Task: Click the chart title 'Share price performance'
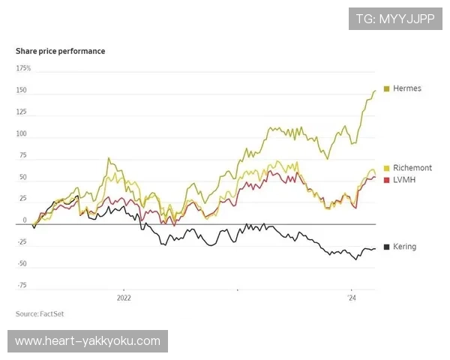coord(61,51)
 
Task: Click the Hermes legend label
coord(407,88)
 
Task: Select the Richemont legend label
coord(412,168)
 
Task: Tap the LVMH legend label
coord(404,180)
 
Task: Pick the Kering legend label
coord(404,247)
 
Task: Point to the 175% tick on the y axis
coord(23,68)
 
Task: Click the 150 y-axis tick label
coord(22,91)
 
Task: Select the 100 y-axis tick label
coord(22,134)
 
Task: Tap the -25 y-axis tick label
coord(22,241)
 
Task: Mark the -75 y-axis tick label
coord(22,285)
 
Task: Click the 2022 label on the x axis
coord(124,298)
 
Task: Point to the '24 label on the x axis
coord(351,298)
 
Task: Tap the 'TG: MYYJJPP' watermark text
coord(395,19)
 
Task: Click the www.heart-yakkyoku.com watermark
coord(88,341)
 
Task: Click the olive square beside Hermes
coord(386,88)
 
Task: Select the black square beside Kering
coord(386,247)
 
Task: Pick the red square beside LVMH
coord(386,180)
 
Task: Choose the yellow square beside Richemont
coord(386,168)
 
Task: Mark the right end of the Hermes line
coord(375,91)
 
